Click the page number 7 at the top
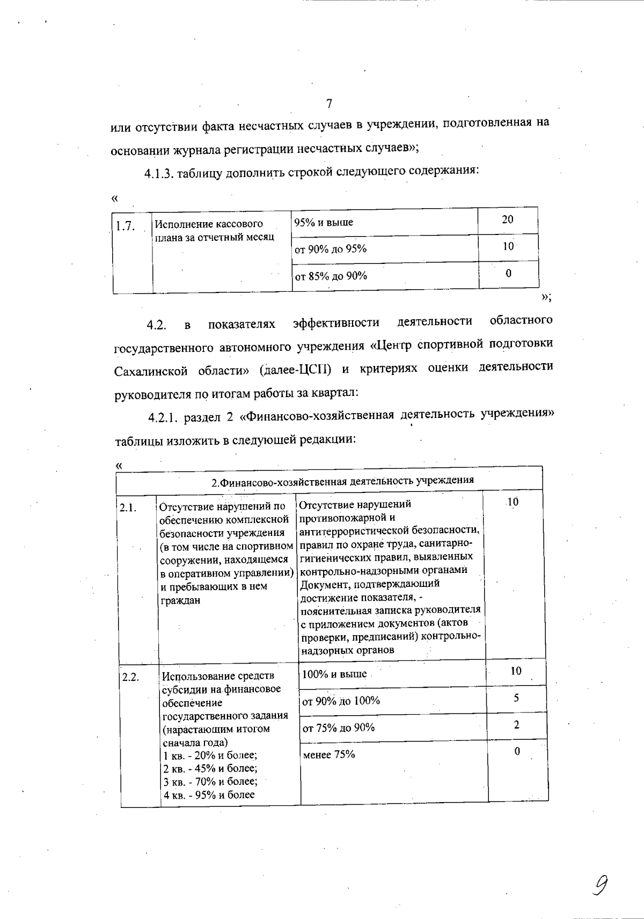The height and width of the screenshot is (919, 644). tap(329, 103)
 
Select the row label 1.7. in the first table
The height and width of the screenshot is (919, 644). tap(126, 226)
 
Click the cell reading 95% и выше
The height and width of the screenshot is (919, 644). tap(324, 223)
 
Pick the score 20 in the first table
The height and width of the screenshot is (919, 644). tap(507, 219)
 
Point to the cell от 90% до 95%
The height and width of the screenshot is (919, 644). tap(331, 249)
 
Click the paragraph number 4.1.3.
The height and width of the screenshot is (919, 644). tap(159, 173)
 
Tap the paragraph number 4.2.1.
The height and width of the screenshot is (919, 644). tap(164, 417)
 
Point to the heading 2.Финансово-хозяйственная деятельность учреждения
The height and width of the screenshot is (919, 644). tap(342, 481)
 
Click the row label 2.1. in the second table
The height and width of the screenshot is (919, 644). tap(128, 507)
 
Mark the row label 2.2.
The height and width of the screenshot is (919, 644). tap(131, 677)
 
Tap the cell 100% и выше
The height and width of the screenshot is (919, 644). tap(334, 674)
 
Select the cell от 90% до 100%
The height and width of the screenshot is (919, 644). tap(341, 701)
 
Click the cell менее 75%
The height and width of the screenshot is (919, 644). tap(328, 754)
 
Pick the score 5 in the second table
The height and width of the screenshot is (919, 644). tap(516, 697)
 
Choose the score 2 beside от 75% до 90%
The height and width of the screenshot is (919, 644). tap(516, 725)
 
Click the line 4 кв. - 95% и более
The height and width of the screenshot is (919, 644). tap(209, 795)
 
